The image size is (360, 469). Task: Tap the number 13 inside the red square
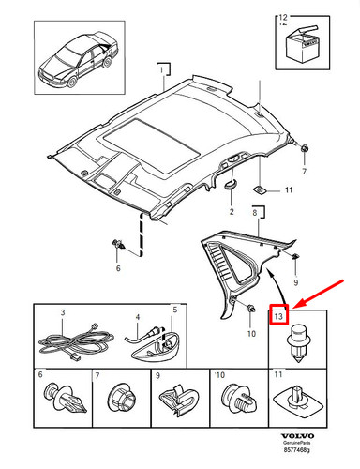(279, 315)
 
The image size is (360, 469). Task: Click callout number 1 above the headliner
(160, 70)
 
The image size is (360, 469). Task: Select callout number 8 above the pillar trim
(255, 216)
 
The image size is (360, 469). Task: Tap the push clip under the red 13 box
(298, 340)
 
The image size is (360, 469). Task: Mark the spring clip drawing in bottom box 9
(179, 405)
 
